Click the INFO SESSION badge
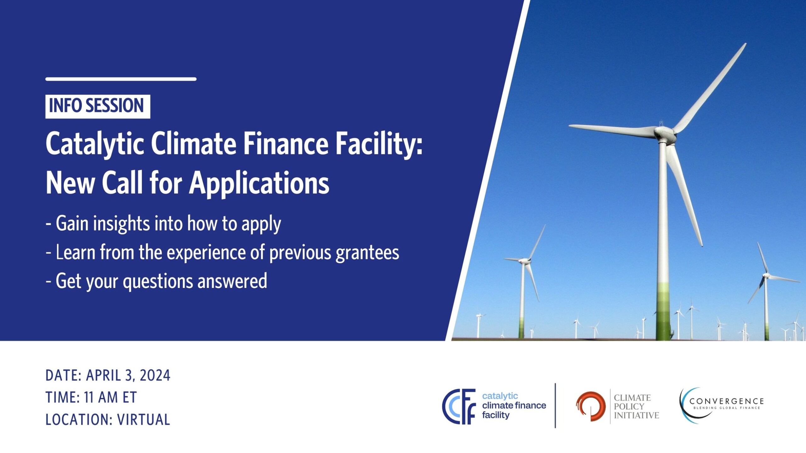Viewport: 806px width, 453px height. coord(98,106)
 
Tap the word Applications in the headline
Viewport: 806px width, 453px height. coord(259,184)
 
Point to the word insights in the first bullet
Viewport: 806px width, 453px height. coord(121,224)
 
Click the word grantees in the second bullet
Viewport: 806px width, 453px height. coord(367,253)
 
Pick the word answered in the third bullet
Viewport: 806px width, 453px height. coord(232,281)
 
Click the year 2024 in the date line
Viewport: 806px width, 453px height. coord(155,376)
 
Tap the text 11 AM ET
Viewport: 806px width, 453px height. coord(110,398)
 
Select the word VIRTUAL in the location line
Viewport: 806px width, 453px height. coord(144,420)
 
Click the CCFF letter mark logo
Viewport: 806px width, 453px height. coord(459,406)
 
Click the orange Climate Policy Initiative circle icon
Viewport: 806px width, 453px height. coord(591,406)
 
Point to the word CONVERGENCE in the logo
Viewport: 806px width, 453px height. coord(726,401)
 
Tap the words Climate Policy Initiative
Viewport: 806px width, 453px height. coord(636,406)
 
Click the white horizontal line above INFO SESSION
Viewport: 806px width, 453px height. coord(121,79)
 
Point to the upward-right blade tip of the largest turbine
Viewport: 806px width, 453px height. coord(744,45)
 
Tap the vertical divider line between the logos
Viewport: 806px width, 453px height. coord(555,406)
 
